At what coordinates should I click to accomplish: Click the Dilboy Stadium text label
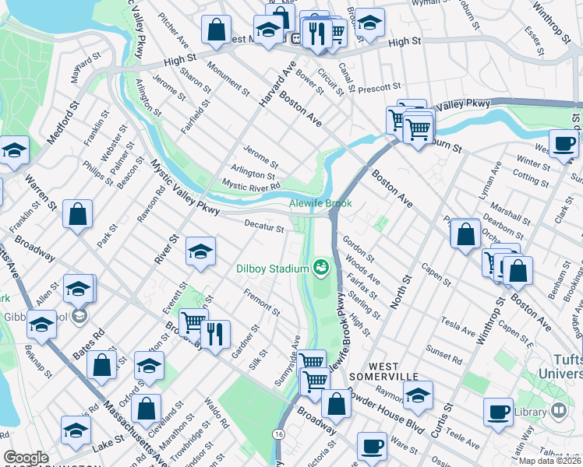click(273, 269)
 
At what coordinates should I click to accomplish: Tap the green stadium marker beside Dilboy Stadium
click(320, 269)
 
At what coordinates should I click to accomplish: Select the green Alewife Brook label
click(320, 204)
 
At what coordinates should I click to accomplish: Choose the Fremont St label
click(261, 302)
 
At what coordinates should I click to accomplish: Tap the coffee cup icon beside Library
click(498, 413)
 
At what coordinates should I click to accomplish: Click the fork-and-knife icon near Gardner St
click(216, 333)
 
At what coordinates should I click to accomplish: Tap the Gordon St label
click(359, 248)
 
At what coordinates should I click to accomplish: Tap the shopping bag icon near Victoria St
click(337, 404)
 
